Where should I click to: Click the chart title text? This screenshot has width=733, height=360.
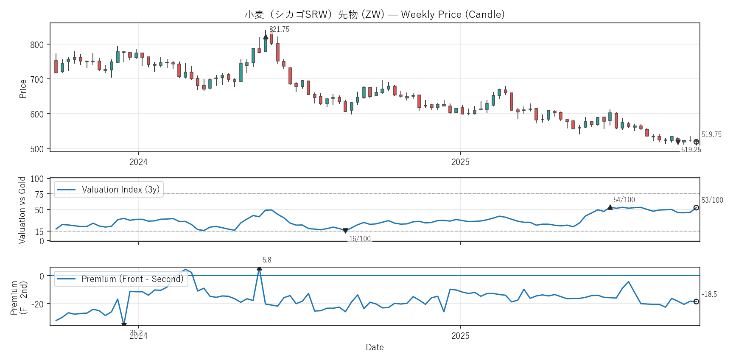click(375, 14)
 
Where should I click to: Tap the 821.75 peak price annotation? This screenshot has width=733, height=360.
click(279, 29)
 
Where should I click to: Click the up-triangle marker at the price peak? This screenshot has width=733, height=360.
click(266, 37)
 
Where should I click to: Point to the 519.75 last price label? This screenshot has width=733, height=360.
click(711, 134)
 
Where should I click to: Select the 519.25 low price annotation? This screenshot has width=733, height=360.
click(691, 149)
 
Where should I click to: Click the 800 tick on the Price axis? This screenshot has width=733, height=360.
click(37, 45)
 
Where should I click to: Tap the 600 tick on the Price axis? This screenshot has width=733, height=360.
click(37, 114)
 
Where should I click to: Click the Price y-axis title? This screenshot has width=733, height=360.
click(23, 89)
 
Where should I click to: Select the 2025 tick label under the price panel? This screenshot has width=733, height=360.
click(460, 162)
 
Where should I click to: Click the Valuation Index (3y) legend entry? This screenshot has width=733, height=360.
click(109, 190)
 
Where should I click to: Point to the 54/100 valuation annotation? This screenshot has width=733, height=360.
click(624, 200)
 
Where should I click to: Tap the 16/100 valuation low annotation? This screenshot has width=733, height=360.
click(360, 239)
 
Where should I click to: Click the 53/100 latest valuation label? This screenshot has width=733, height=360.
click(712, 200)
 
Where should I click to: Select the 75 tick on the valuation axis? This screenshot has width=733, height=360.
click(39, 194)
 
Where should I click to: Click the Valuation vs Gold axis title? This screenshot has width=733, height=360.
click(22, 210)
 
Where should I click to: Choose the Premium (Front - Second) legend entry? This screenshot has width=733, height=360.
click(121, 279)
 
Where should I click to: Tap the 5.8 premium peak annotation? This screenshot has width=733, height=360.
click(267, 260)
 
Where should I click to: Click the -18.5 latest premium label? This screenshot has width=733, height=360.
click(709, 294)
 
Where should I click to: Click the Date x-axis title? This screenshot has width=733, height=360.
click(375, 347)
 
